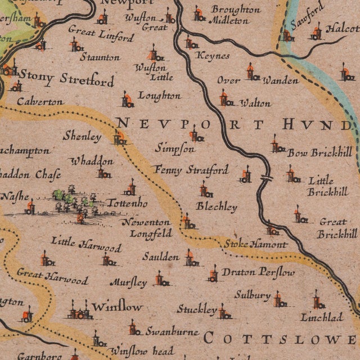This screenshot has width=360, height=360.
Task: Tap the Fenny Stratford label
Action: (x=191, y=169)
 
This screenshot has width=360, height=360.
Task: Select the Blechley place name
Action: (x=217, y=207)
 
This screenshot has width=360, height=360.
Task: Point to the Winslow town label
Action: (x=117, y=308)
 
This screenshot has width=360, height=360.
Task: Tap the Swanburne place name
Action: (x=172, y=331)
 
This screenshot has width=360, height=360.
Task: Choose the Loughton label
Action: (x=159, y=96)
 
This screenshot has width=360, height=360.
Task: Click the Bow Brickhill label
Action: (x=319, y=152)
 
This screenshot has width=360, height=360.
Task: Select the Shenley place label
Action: (x=82, y=136)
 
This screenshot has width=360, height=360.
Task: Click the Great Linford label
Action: (x=101, y=34)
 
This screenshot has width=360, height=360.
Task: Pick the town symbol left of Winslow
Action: (x=80, y=310)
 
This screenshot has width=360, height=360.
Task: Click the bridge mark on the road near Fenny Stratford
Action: (x=265, y=179)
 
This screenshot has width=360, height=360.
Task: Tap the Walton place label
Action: (x=255, y=103)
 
